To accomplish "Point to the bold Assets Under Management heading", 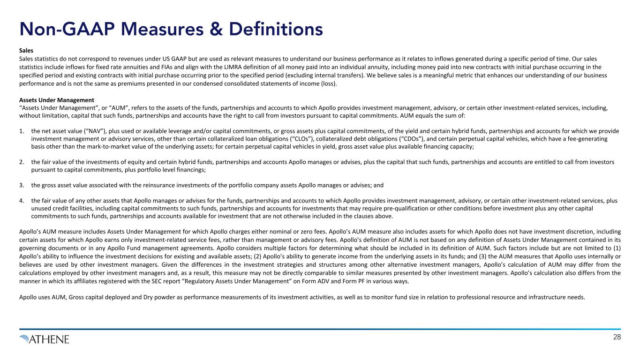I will [x=56, y=100].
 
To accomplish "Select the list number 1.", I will [x=22, y=131].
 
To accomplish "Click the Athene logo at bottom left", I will [x=45, y=339].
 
